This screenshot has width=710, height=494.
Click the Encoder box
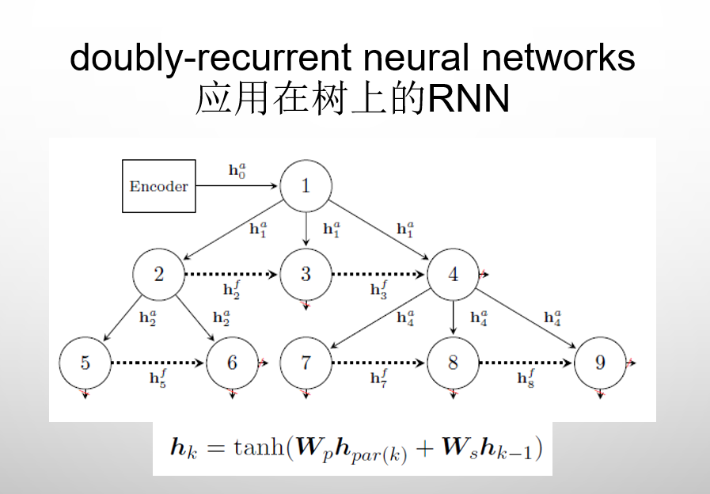(x=158, y=187)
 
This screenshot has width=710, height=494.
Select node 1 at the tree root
(x=306, y=186)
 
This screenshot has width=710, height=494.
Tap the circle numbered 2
(x=158, y=275)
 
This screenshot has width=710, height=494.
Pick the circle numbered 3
(x=306, y=275)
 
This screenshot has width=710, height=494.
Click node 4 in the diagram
(x=453, y=275)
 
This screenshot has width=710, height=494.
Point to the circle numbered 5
(x=85, y=363)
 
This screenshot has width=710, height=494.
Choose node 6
(x=232, y=363)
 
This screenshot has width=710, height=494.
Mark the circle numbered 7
(x=306, y=363)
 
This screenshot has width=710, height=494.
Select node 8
(x=453, y=363)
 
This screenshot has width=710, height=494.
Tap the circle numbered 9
(x=600, y=363)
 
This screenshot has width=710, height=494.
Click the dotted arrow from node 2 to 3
(x=231, y=275)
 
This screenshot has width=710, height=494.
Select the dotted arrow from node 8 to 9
(x=526, y=363)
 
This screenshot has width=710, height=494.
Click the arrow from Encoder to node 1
(x=237, y=187)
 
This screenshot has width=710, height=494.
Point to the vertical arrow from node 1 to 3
(x=306, y=226)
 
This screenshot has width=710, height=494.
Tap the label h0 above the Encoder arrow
(x=237, y=169)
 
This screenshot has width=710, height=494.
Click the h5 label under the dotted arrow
(x=158, y=378)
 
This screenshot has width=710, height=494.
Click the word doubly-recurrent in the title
(x=211, y=58)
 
